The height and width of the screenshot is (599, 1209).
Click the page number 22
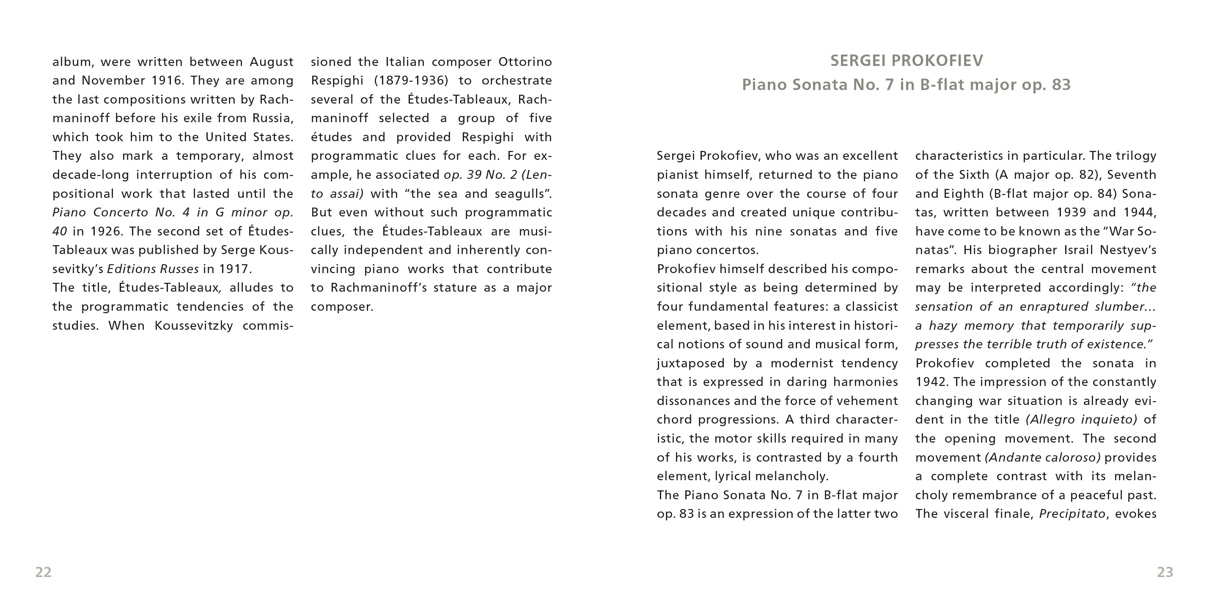[x=43, y=572]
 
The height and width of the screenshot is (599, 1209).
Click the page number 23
[x=1165, y=572]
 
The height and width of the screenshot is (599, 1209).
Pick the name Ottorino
[x=525, y=62]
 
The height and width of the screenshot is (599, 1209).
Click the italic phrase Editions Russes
[x=153, y=269]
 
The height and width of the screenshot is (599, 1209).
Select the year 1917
[x=234, y=269]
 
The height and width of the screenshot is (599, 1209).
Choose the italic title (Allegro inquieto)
[x=1081, y=419]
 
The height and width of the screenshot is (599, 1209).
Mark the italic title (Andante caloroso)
[x=1042, y=457]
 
